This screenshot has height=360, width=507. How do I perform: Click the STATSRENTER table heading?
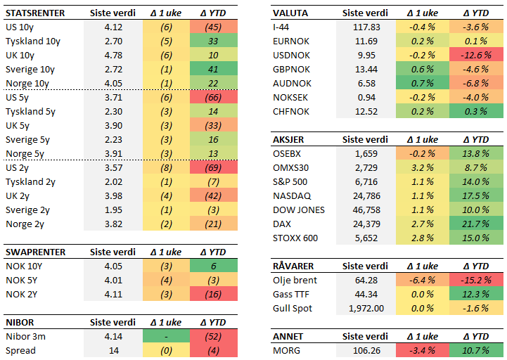pos(35,13)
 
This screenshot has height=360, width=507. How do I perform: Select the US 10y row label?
pos(20,27)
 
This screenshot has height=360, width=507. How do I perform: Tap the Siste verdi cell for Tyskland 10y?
pos(113,41)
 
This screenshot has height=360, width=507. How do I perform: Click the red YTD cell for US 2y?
pos(213,168)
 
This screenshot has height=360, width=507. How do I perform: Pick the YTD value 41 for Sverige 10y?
pos(213,70)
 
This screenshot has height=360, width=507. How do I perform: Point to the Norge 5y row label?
pos(25,154)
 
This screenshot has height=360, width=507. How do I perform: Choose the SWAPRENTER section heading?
pos(36,252)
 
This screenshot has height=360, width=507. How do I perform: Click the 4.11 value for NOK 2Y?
pos(113,294)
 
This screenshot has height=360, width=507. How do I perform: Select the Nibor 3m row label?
pos(25,337)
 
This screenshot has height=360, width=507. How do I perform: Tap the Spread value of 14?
pos(113,350)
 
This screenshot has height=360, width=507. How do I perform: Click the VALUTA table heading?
pos(290,13)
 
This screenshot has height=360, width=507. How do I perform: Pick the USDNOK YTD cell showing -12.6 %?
pos(476,55)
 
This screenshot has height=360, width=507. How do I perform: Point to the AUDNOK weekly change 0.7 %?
pos(421,83)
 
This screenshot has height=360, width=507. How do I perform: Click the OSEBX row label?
pos(287,153)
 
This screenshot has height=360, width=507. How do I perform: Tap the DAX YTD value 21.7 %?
pos(476,224)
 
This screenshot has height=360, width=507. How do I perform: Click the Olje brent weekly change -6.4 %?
pos(421,280)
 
